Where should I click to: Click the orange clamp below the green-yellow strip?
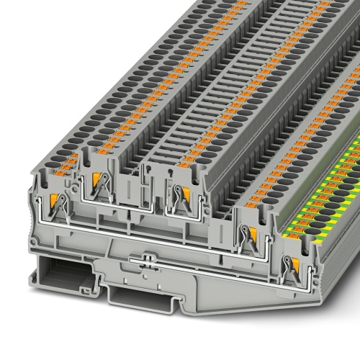click(293, 267)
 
